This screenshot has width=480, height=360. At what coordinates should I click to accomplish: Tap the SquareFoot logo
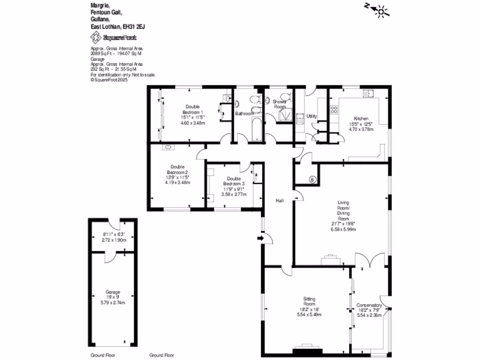(113, 37)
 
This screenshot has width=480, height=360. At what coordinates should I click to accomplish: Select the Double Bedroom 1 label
(192, 109)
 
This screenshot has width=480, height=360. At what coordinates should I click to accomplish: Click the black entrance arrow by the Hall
(261, 239)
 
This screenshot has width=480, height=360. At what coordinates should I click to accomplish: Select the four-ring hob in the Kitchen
(335, 110)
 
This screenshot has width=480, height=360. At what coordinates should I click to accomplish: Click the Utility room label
(312, 116)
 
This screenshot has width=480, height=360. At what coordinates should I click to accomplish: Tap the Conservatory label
(369, 306)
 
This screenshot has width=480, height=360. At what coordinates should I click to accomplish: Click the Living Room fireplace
(331, 257)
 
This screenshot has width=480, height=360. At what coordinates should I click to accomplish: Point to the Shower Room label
(280, 104)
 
